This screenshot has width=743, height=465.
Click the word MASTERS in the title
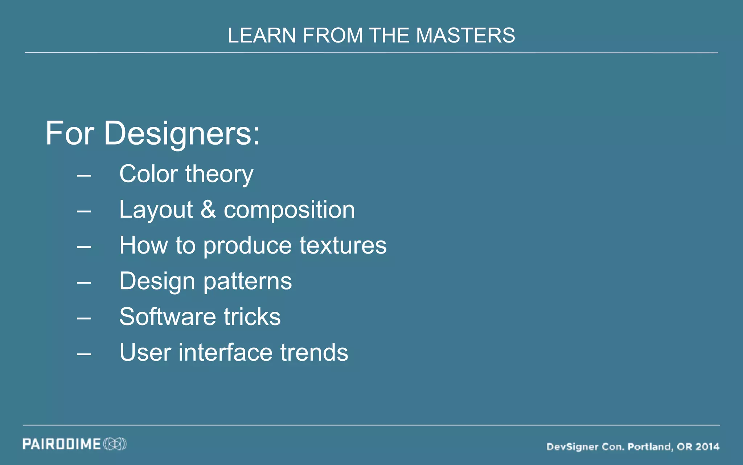(x=465, y=36)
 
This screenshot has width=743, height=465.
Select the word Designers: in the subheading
(x=182, y=134)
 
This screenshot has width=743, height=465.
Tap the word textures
(x=343, y=245)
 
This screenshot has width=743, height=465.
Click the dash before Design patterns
(x=84, y=282)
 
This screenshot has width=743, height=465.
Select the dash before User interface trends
(x=84, y=353)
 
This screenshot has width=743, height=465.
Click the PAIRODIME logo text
(x=62, y=444)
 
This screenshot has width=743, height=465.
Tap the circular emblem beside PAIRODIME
(x=115, y=444)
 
